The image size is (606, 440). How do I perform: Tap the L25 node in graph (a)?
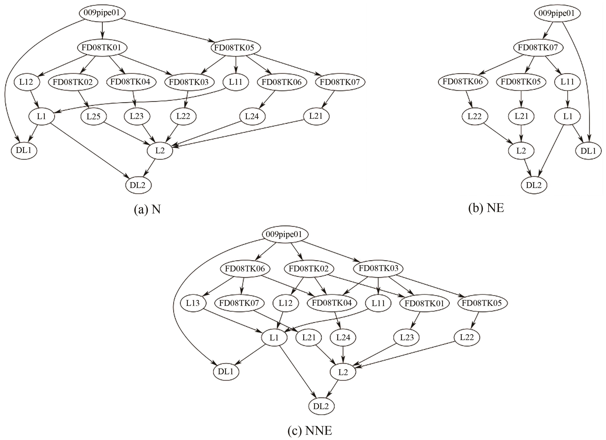(94, 117)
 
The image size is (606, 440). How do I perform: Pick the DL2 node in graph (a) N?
(138, 185)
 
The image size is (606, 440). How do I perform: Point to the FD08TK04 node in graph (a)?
(130, 82)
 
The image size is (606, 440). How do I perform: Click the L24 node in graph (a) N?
(252, 116)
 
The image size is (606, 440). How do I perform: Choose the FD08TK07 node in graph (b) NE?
(538, 48)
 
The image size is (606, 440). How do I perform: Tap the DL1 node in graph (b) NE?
(588, 151)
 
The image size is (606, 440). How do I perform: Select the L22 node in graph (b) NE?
(474, 116)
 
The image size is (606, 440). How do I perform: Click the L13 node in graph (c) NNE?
(193, 303)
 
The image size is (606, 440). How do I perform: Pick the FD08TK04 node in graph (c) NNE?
(332, 303)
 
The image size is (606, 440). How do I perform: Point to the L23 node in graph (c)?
(407, 338)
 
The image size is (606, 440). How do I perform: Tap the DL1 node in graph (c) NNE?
(226, 372)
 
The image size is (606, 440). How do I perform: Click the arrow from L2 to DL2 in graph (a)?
(150, 168)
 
